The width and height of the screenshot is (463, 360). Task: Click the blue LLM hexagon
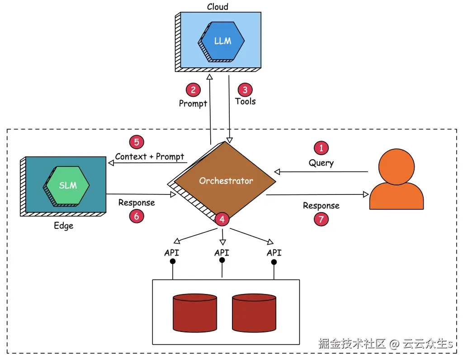point(223,41)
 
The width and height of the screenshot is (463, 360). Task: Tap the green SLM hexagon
point(68,185)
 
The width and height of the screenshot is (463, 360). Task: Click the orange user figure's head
point(396,166)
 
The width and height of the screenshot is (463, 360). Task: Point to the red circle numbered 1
point(321,148)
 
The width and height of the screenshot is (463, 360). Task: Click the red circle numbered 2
point(193,90)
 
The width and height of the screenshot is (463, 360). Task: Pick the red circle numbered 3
point(245,90)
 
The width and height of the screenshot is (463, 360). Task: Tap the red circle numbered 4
point(222,219)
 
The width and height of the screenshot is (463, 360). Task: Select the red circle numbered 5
point(136,142)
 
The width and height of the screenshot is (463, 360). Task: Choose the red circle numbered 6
point(136,216)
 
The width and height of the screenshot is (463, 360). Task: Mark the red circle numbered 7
point(321,219)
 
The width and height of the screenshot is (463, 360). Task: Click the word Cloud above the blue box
point(217,7)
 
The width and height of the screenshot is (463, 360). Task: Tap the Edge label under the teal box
point(63,226)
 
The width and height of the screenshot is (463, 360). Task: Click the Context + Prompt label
point(150,156)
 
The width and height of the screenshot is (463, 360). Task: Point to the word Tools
point(246,102)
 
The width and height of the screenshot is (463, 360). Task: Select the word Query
point(321,162)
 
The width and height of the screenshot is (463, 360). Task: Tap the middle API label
point(222,252)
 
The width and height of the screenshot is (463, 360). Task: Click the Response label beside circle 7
point(321,206)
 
